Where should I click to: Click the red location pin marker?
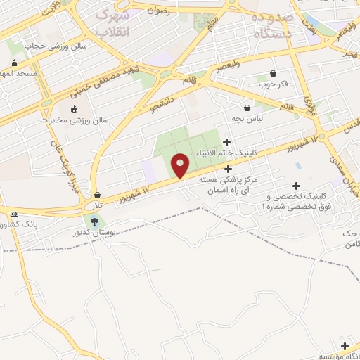coord(181,166)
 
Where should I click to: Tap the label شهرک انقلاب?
coord(112,23)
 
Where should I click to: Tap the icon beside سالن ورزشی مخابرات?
coord(75,108)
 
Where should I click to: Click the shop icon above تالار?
coord(97,195)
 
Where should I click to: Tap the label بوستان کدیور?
coord(94,232)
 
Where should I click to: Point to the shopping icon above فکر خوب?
coord(273,73)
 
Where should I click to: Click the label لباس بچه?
coord(248,119)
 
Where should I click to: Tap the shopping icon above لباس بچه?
coord(247,108)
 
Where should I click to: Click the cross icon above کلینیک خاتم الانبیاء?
coord(226,141)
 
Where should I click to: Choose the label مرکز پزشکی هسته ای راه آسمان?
coord(228,186)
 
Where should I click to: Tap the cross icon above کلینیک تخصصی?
coord(296,185)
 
